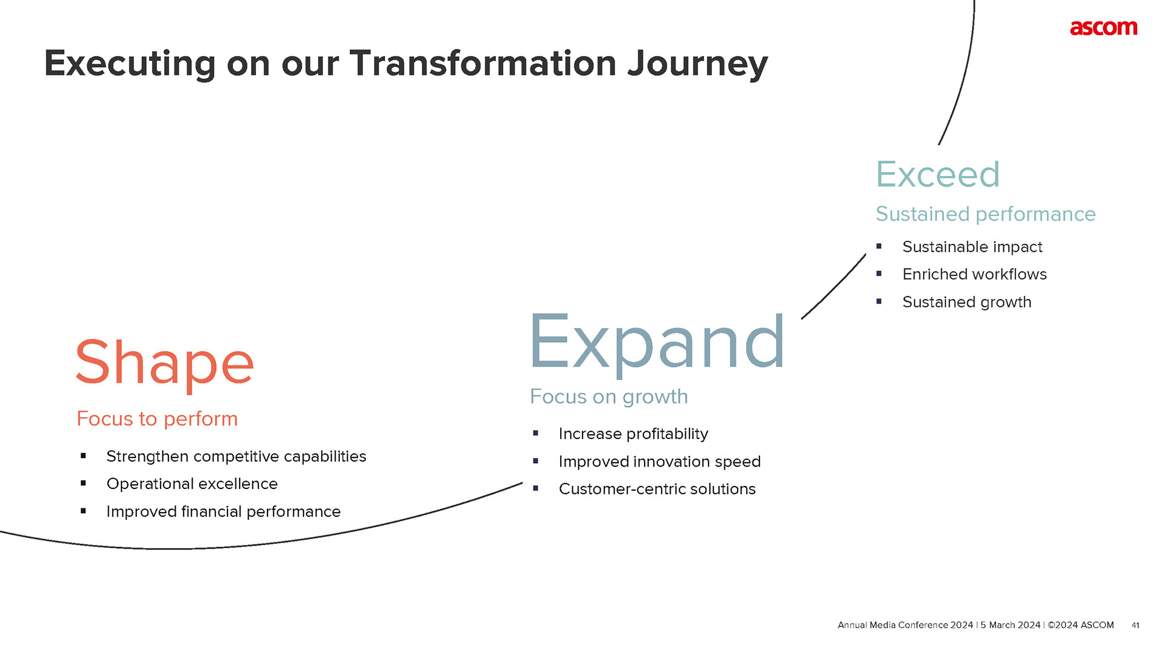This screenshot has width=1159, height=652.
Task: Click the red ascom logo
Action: click(1103, 28)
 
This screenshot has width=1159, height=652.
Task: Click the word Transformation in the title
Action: click(483, 63)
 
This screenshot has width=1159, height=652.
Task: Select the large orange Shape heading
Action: click(164, 363)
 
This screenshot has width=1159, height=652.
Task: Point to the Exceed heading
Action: click(937, 174)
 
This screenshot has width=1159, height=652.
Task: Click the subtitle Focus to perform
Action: click(157, 418)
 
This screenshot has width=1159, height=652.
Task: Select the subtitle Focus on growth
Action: click(608, 397)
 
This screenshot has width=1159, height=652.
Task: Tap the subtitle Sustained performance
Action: click(985, 214)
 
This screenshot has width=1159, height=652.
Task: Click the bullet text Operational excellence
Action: click(192, 484)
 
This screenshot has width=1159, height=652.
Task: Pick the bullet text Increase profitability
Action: click(633, 433)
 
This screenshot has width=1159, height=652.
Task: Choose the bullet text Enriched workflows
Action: click(974, 274)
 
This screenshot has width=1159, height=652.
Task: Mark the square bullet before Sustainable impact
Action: click(879, 246)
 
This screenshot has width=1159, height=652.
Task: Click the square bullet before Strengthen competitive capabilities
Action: click(83, 456)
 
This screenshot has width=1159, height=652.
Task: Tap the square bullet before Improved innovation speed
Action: click(535, 461)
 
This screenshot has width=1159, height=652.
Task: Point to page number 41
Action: click(1135, 625)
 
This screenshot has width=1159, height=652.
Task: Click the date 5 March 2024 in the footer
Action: click(1011, 625)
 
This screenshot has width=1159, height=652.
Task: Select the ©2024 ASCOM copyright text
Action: click(1081, 625)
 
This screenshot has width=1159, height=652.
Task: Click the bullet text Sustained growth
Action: click(966, 302)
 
